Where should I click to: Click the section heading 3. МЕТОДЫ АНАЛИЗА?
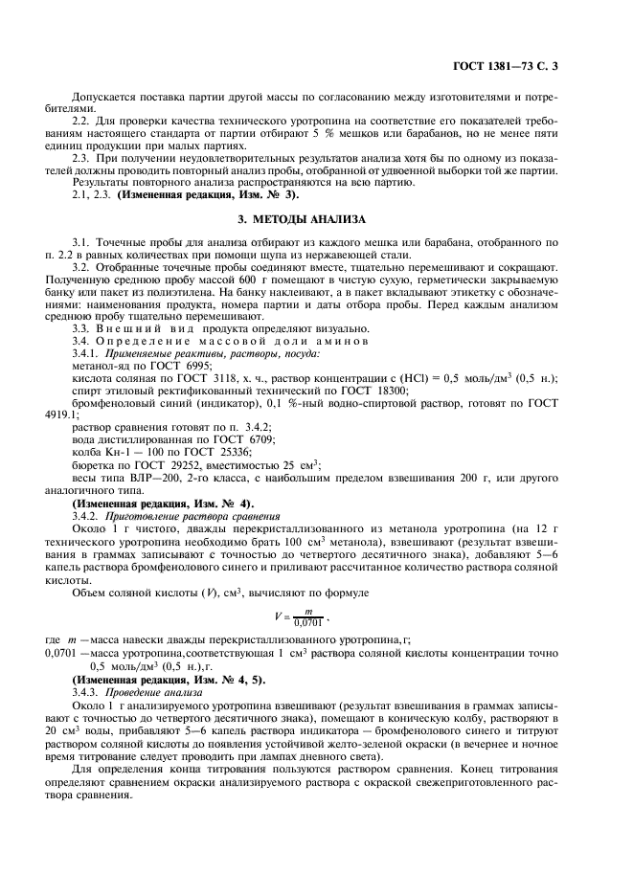coord(316,219)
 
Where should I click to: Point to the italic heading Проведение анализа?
coord(154,690)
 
